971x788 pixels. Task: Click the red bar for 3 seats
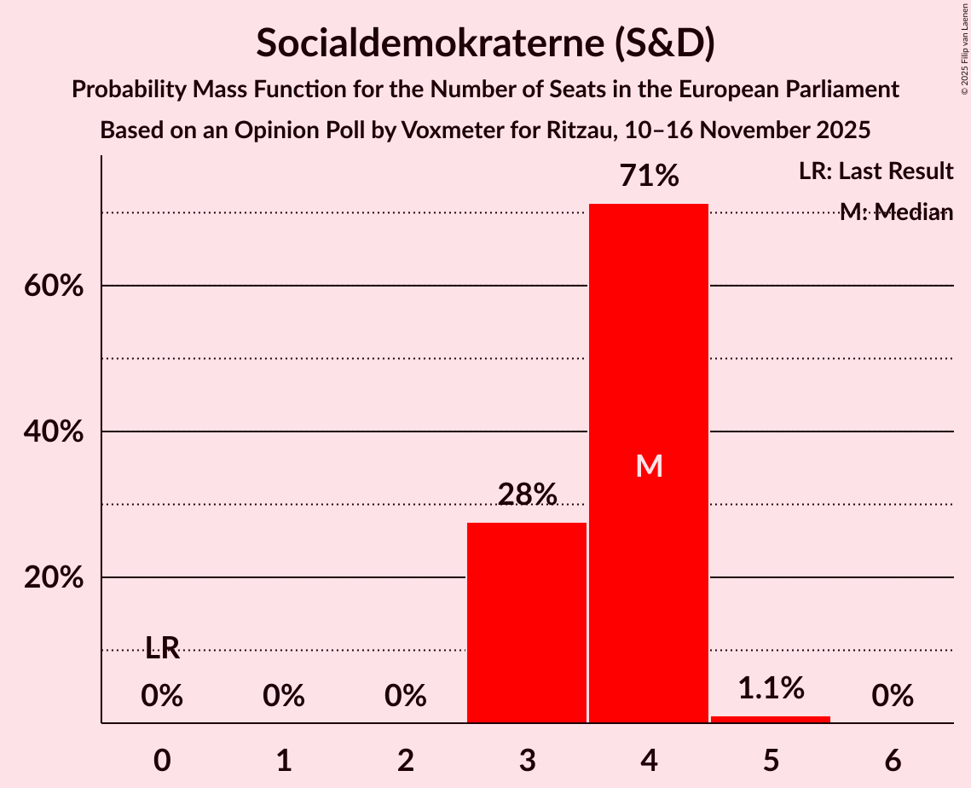[x=527, y=623]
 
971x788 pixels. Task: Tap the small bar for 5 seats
[x=771, y=719]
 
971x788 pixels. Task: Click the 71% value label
[x=649, y=177]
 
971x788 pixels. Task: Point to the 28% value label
[x=527, y=495]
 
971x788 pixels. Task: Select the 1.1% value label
[x=771, y=687]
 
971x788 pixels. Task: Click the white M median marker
[x=649, y=466]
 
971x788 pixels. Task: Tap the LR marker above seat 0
[x=162, y=649]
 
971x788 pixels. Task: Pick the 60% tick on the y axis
[x=54, y=286]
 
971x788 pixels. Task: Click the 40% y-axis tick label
[x=54, y=432]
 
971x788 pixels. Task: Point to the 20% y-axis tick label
[x=54, y=578]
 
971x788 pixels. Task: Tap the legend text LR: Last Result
[x=876, y=171]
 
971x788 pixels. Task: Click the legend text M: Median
[x=896, y=212]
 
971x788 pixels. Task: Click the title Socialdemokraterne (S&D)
[x=485, y=43]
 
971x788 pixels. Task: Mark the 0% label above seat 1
[x=284, y=697]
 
